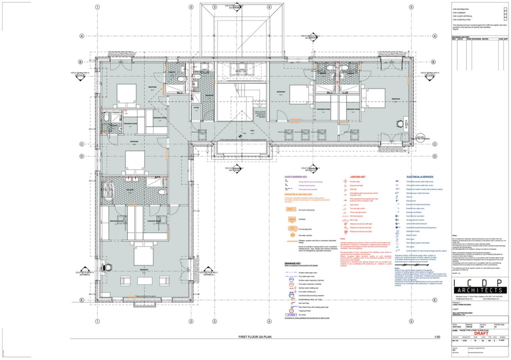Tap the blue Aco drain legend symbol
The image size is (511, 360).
[x=291, y=315]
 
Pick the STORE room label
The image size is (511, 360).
[x=196, y=107]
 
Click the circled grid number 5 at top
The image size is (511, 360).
[x=411, y=7]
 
